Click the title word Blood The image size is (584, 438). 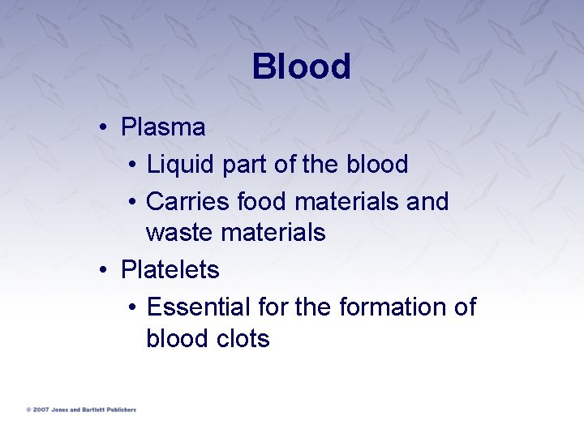tap(301, 67)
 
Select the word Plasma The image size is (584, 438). tap(162, 127)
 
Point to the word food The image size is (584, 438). tap(263, 200)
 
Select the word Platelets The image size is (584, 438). tap(170, 269)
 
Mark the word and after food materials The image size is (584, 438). tap(427, 200)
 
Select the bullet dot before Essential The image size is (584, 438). tap(133, 307)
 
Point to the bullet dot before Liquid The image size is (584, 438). tap(133, 165)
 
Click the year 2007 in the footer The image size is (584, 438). tap(40, 410)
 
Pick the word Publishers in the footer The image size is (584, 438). tap(119, 410)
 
